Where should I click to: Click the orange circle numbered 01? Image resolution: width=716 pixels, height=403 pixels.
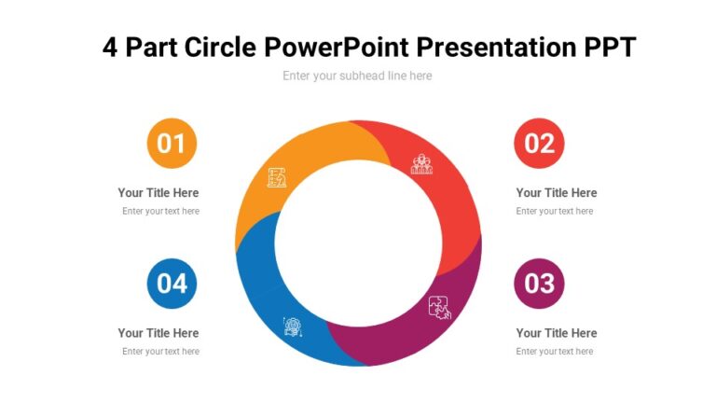tap(172, 143)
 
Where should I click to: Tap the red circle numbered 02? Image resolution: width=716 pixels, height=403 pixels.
tap(539, 143)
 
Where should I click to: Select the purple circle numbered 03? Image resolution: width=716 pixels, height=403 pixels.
tap(539, 283)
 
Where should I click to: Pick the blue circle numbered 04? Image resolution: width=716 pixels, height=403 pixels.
tap(172, 283)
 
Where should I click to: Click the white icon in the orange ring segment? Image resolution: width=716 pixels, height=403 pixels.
tap(277, 177)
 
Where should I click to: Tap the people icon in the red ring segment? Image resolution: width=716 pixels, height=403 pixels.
tap(422, 164)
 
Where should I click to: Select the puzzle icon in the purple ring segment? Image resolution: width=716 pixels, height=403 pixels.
tap(439, 307)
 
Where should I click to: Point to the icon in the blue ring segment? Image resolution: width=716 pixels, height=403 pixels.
tap(293, 326)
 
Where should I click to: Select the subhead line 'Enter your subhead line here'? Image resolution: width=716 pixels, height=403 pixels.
tap(357, 76)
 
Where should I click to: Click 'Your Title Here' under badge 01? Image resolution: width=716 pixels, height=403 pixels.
tap(158, 193)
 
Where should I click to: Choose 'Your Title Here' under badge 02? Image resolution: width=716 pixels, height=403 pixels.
tap(557, 193)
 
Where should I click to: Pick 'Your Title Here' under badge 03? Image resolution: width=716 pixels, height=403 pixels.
tap(557, 333)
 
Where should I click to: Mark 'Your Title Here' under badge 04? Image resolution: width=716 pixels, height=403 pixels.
tap(158, 333)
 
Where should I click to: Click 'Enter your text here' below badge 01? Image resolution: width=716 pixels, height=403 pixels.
tap(160, 212)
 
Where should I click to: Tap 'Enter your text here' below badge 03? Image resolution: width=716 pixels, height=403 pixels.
tap(555, 352)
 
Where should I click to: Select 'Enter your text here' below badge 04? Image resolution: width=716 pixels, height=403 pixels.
tap(160, 352)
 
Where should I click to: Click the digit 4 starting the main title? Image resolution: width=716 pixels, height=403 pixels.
tap(111, 47)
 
